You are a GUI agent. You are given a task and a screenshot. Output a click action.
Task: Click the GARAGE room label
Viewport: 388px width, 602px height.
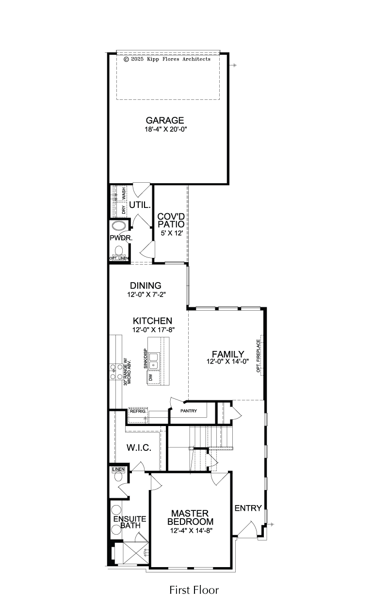pos(165,120)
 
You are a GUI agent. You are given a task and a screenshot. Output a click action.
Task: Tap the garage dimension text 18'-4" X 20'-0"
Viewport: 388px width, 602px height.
pos(166,129)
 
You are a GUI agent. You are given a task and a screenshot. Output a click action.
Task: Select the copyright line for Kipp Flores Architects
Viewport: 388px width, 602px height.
pos(167,59)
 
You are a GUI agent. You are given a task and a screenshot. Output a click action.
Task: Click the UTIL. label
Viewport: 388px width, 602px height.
pos(140,205)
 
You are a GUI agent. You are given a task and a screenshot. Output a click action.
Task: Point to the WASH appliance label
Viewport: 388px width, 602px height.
pos(124,193)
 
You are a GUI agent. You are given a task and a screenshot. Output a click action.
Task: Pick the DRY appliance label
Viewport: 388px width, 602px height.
pos(124,209)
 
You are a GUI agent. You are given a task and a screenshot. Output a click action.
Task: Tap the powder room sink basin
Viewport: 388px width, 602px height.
pos(118,226)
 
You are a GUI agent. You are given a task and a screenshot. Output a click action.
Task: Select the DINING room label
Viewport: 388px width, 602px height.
pos(145,285)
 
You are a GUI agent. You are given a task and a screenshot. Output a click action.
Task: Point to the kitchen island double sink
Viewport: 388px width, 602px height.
pos(154,361)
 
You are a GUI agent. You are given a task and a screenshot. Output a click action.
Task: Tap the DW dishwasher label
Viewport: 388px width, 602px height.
pos(150,377)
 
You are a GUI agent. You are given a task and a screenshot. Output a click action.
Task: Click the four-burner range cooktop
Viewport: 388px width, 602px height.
pos(116,371)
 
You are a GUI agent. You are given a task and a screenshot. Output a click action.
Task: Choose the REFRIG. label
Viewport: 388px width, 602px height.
pos(138,411)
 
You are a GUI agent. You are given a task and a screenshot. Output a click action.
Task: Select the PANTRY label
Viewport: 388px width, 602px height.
pos(189,411)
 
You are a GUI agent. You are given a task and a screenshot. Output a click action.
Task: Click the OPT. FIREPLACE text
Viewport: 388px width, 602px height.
pos(259,356)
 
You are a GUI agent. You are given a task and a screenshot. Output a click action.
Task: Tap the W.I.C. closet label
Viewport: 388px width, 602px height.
pos(139,448)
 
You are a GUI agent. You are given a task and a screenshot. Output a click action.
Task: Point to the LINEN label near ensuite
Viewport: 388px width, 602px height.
pos(118,469)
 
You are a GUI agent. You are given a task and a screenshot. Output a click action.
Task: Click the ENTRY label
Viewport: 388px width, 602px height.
pos(248,508)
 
